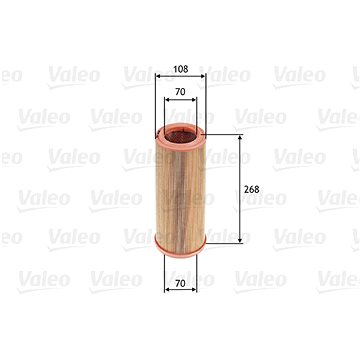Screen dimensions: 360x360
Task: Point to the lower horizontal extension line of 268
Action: click(225, 243)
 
